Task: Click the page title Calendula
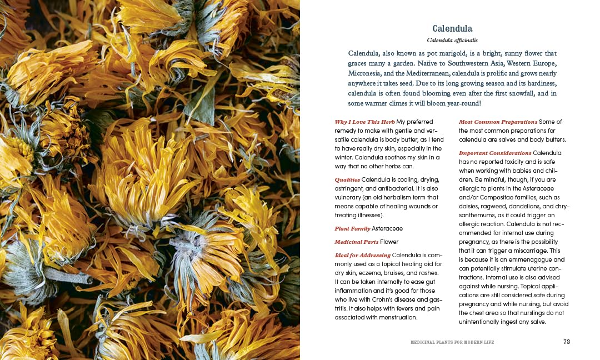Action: [x=452, y=28]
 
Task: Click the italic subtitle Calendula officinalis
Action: [x=452, y=40]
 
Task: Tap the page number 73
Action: [x=566, y=342]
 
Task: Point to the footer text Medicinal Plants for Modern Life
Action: [x=452, y=342]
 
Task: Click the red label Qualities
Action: [x=347, y=179]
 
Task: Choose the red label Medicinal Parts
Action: [x=356, y=242]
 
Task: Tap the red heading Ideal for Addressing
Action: [x=362, y=255]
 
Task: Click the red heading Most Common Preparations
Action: [x=498, y=122]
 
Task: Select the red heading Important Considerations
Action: [x=495, y=153]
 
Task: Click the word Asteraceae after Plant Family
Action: [x=387, y=228]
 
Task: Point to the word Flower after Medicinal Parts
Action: [x=389, y=242]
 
